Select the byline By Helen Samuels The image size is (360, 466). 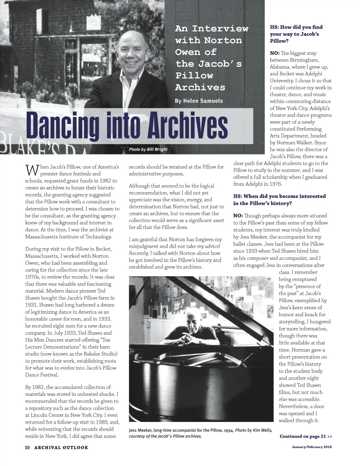click(199, 101)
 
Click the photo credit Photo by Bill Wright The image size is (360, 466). click(148, 149)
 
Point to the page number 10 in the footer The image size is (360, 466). click(27, 447)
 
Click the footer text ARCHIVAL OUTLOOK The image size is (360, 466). click(61, 447)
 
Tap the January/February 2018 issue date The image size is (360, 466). click(312, 447)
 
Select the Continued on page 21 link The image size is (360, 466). click(306, 436)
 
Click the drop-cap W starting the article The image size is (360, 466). click(31, 170)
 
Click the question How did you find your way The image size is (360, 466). click(296, 34)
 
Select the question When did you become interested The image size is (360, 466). click(280, 200)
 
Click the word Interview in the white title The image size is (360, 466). click(220, 29)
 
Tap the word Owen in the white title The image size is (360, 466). click(188, 52)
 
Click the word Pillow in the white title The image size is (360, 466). click(194, 76)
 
